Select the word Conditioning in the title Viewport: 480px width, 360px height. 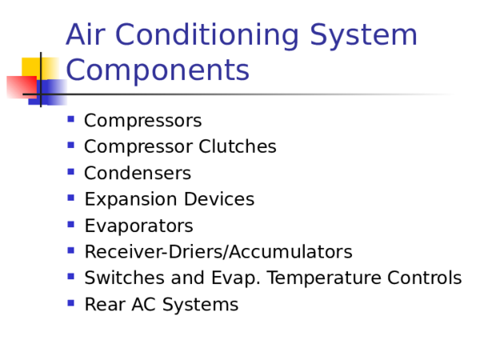coord(203,36)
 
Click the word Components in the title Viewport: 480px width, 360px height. coord(158,71)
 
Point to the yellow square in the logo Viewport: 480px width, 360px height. coord(35,67)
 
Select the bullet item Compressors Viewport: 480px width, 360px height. coord(142,121)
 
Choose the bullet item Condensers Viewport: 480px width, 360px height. coord(137,174)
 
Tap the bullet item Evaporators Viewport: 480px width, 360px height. coord(138,226)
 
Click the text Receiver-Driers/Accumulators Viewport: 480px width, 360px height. coord(218,253)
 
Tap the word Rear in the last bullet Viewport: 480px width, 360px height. coord(101,305)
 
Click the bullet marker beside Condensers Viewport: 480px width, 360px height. coord(71,172)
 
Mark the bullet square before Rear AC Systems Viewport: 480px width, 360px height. coord(71,303)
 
